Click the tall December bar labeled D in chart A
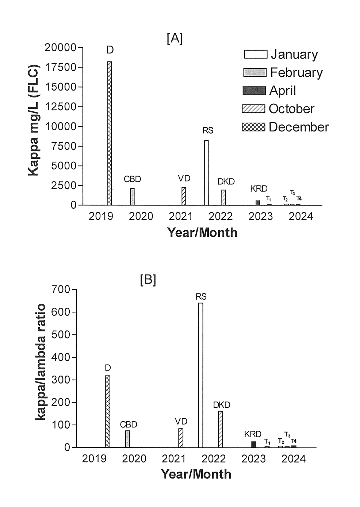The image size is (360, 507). point(110,133)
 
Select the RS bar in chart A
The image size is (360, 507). point(206,173)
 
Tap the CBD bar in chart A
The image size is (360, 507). point(132,197)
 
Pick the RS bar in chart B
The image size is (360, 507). point(200,375)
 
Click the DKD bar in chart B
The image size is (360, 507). point(221,429)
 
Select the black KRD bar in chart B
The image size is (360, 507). point(254,444)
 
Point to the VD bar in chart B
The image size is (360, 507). point(181,438)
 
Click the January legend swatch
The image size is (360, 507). point(255,54)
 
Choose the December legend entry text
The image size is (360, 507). point(298,127)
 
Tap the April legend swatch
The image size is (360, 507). point(254,91)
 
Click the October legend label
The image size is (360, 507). point(291,109)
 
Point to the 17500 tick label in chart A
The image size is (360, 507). point(61,67)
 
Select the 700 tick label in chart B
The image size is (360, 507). point(61,289)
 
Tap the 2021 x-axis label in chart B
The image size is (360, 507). point(174,458)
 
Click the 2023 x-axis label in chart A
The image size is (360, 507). point(261,216)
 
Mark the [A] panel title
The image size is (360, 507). point(175,38)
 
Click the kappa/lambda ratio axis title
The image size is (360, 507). point(41,362)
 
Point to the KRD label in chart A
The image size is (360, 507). point(259,189)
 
